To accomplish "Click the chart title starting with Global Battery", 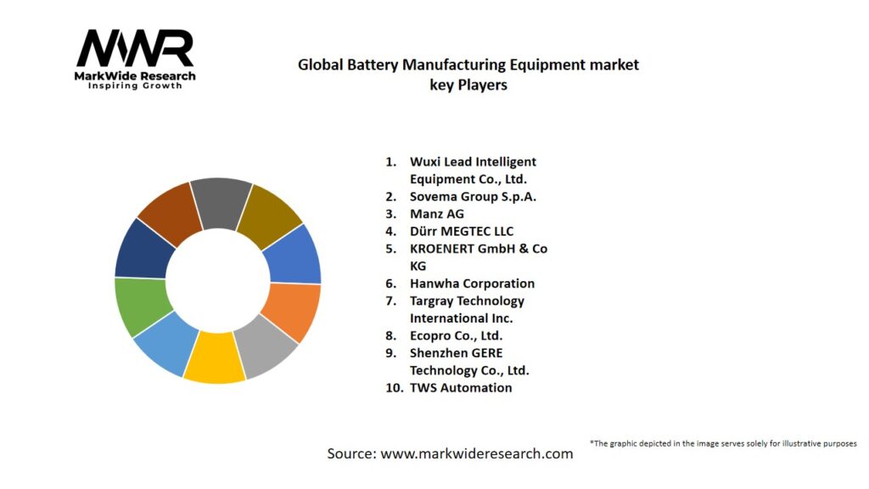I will click(468, 74).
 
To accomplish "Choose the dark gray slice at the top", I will click(220, 202).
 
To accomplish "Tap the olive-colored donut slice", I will click(271, 211).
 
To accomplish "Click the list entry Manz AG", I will click(437, 214).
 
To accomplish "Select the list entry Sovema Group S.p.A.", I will click(473, 197).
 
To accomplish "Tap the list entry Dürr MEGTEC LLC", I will click(461, 231).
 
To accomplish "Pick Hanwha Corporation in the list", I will click(472, 284).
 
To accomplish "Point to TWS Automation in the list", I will click(461, 387).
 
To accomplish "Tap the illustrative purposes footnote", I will click(723, 443).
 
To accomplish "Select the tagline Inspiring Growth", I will click(135, 86).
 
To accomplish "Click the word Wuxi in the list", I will click(425, 161).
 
